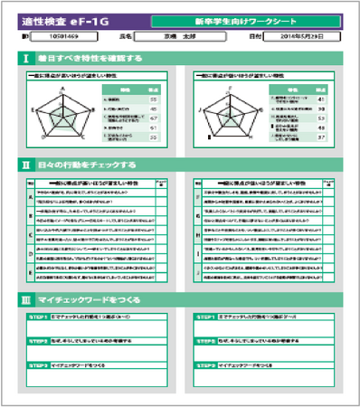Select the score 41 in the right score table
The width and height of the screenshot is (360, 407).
click(322, 98)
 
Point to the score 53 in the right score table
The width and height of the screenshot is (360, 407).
click(322, 118)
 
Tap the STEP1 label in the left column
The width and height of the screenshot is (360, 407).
click(38, 318)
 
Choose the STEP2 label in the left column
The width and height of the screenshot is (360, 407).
click(38, 341)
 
